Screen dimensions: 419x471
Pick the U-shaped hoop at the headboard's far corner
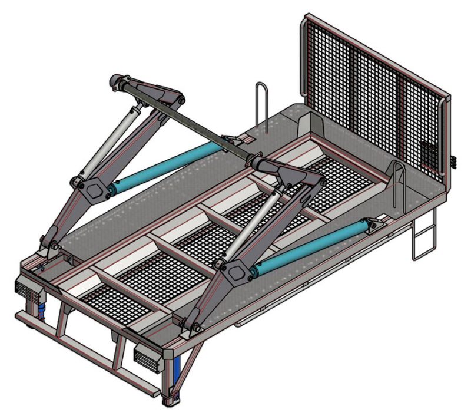tap(263, 106)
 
